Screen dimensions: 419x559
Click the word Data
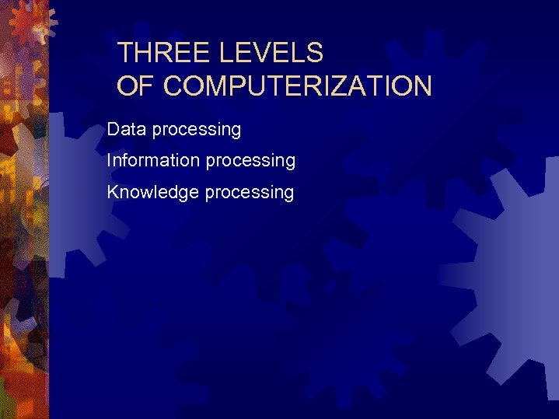pos(127,129)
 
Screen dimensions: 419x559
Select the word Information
pos(153,160)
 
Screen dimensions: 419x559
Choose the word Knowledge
pos(152,191)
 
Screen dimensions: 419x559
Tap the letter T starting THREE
pos(125,53)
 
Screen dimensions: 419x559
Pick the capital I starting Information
pos(110,160)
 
